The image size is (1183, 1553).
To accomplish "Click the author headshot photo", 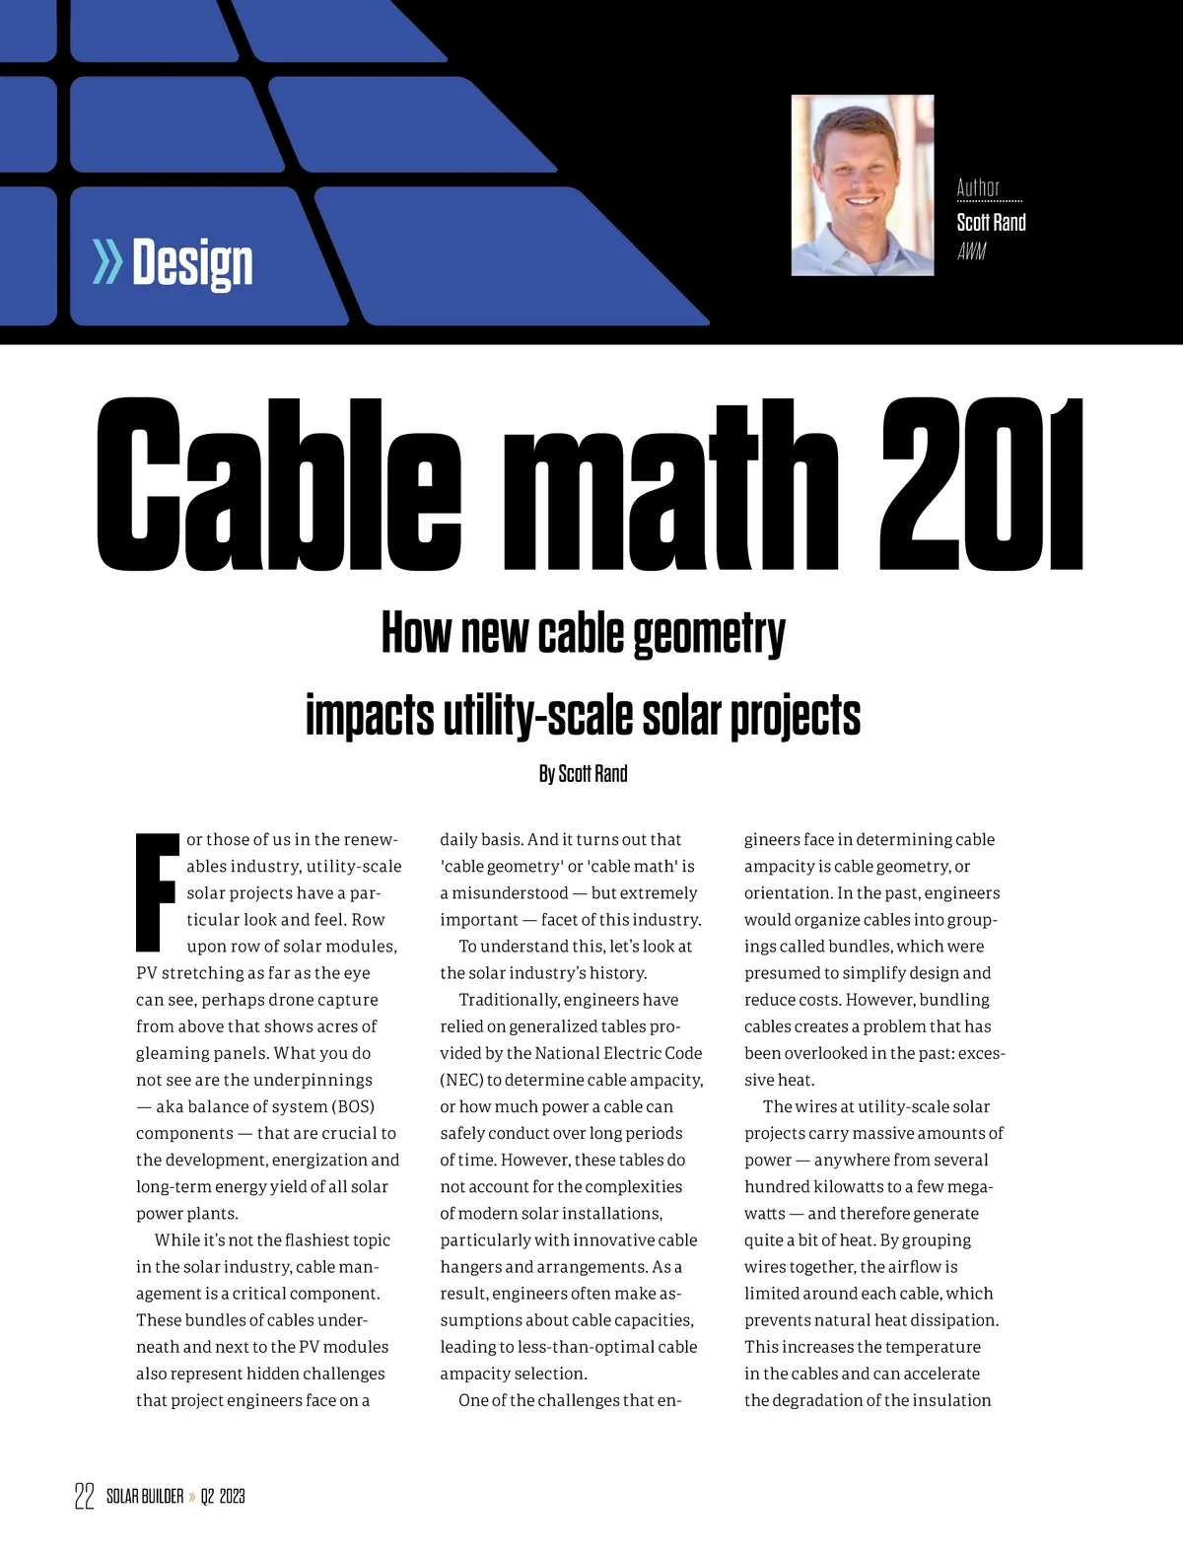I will click(862, 185).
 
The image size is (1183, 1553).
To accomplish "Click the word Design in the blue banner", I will click(192, 263).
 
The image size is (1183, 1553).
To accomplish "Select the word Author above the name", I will click(978, 187).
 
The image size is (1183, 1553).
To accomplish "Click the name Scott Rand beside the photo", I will click(991, 223).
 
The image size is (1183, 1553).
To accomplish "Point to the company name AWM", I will click(971, 251).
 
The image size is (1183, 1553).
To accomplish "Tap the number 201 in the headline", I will click(980, 484).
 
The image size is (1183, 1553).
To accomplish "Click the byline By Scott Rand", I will click(583, 774).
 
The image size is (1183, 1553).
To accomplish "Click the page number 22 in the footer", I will click(84, 1496).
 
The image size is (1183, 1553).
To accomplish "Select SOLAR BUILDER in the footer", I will click(145, 1497).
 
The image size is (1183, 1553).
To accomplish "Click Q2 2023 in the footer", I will click(223, 1497).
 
